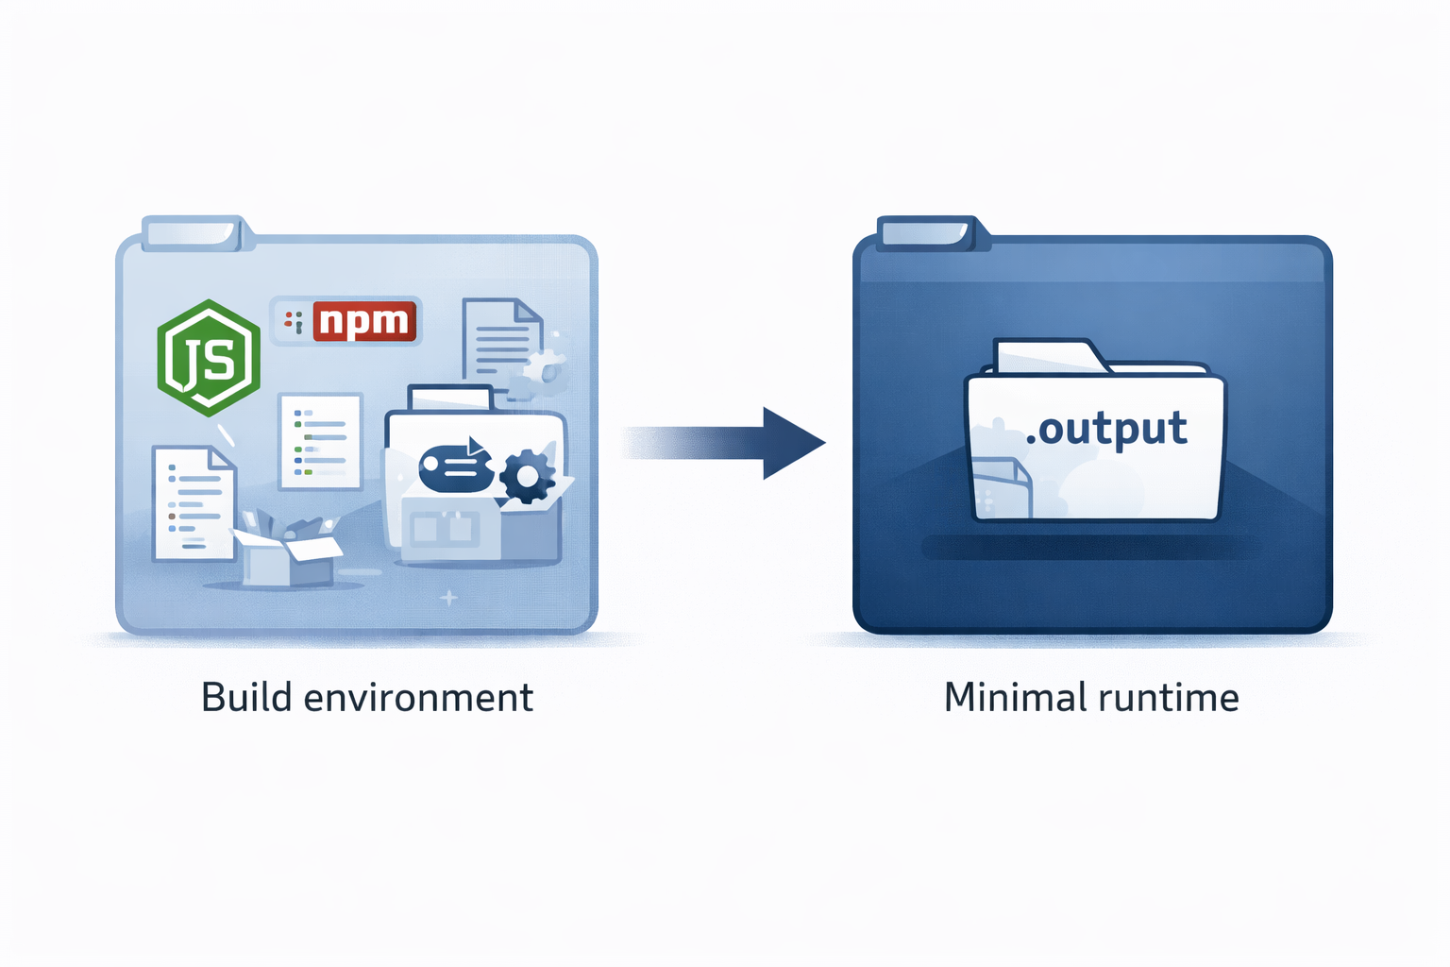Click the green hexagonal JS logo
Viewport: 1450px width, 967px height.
tap(209, 358)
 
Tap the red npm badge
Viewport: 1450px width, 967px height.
tap(364, 321)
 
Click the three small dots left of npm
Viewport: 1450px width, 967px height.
tap(294, 322)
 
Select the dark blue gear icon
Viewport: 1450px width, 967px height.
tap(526, 476)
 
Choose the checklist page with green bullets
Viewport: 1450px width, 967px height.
tap(321, 441)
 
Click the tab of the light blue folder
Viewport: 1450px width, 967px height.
tap(194, 232)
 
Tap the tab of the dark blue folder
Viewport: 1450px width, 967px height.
tap(929, 232)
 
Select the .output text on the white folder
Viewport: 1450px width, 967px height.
tap(1106, 430)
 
